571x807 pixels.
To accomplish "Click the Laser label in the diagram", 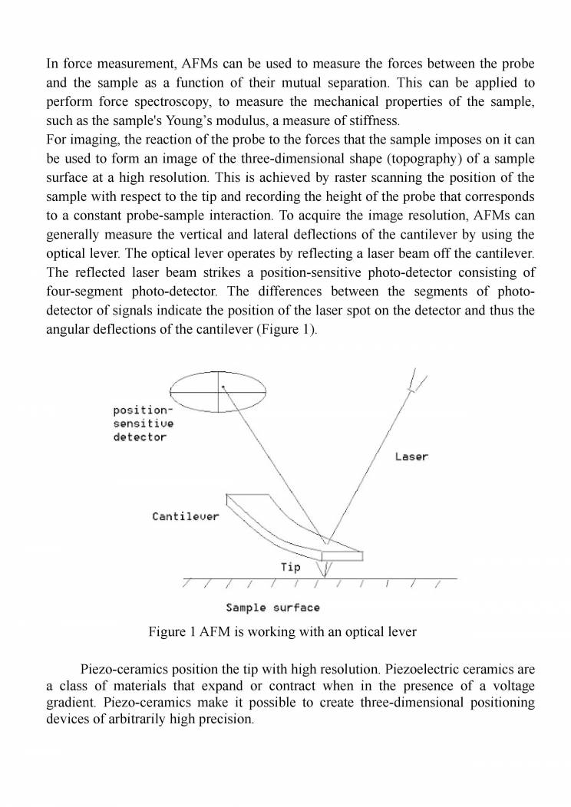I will (x=411, y=456).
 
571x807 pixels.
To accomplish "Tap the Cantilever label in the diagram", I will (x=185, y=516).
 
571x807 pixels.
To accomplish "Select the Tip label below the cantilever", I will (x=290, y=568).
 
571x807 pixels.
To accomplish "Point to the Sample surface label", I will (x=272, y=608).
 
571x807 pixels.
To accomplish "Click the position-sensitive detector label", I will (x=144, y=423).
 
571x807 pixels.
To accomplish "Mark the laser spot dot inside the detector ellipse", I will (x=223, y=388).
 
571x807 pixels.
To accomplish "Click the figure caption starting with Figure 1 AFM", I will (x=282, y=632).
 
